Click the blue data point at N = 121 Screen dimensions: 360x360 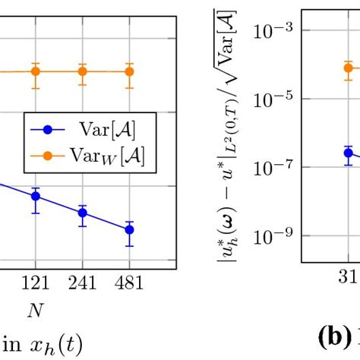(36, 196)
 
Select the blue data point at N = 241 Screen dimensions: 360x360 (82, 213)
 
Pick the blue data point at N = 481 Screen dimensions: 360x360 (129, 229)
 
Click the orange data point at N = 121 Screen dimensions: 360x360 (36, 71)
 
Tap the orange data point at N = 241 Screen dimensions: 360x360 (82, 71)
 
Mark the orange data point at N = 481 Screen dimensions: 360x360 (129, 71)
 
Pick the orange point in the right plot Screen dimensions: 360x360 (348, 68)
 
